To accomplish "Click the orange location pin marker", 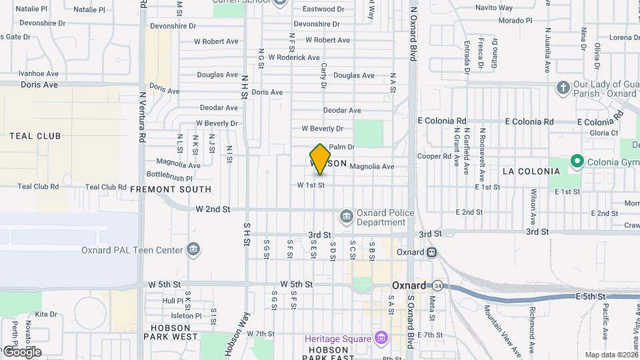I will point(320,159).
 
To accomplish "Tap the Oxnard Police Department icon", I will point(346,215).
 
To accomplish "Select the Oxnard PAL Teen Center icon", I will point(193,250).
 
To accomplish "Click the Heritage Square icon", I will point(381,338).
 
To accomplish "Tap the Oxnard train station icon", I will point(431,253).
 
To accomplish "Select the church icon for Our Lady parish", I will point(563,88).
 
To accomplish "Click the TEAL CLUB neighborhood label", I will point(35,136).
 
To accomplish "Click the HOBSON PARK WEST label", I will point(171,331).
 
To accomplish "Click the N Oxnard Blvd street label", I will point(413,34).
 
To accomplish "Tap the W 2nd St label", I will point(213,209).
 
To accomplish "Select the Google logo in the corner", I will point(21,351).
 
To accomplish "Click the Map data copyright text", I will point(611,355).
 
